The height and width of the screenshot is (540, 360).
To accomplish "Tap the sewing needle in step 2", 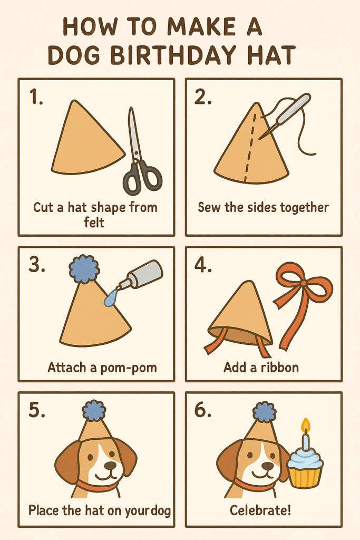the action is pos(285,117).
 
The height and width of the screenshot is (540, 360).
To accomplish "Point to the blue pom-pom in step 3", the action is pos(84,269).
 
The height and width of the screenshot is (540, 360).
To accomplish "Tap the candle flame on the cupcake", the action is pos(305,426).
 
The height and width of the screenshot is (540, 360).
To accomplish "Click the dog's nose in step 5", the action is pos(110,466).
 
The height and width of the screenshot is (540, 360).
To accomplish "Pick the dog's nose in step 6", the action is pos(267,466).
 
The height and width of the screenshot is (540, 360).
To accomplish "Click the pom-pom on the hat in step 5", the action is pos(94,410).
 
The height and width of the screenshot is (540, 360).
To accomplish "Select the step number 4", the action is pos(203,266).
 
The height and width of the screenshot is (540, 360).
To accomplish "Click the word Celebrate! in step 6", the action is pos(260,510).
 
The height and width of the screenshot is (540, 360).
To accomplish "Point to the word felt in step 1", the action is pos(94,222).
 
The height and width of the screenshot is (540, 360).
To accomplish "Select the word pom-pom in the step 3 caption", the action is pos(129,368).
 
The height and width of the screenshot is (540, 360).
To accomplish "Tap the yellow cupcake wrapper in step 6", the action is pos(305,477).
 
